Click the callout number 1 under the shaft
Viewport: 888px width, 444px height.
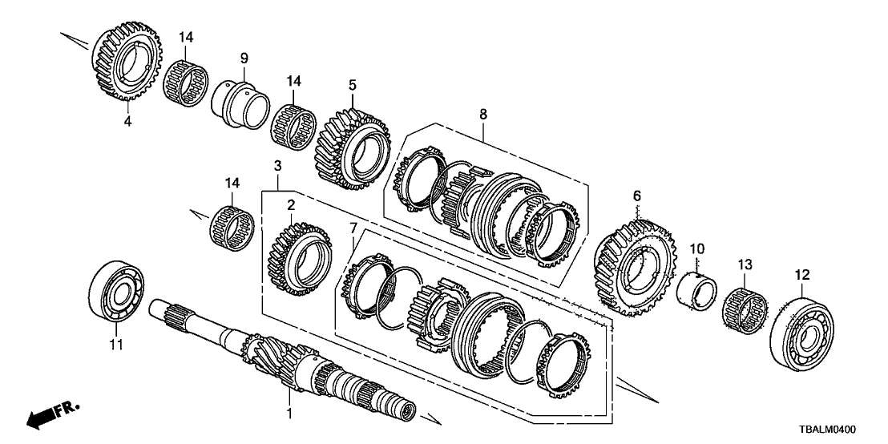pyautogui.click(x=291, y=414)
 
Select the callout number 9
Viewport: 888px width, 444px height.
pyautogui.click(x=244, y=58)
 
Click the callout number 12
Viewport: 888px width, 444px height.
pyautogui.click(x=802, y=275)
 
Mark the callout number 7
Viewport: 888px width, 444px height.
pyautogui.click(x=353, y=230)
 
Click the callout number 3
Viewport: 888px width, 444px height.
pyautogui.click(x=277, y=166)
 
